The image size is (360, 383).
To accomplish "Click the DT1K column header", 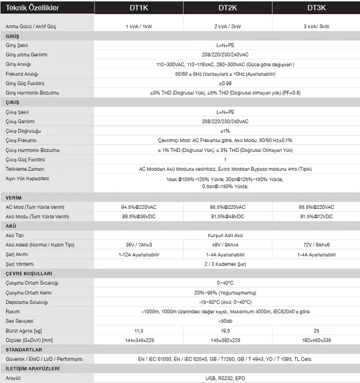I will pyautogui.click(x=138, y=8).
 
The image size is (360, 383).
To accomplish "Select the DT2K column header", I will pyautogui.click(x=228, y=8).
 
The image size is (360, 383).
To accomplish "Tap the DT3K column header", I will pyautogui.click(x=317, y=8).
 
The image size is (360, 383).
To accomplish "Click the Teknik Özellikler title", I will pyautogui.click(x=32, y=8).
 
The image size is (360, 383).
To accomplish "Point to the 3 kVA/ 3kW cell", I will pyautogui.click(x=317, y=26).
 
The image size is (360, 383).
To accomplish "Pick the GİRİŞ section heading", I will pyautogui.click(x=13, y=36).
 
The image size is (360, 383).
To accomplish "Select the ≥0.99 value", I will pyautogui.click(x=225, y=83).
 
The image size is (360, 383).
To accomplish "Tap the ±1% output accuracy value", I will pyautogui.click(x=225, y=131).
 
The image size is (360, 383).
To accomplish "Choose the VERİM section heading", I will pyautogui.click(x=14, y=198).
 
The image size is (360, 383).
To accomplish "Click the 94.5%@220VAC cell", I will pyautogui.click(x=138, y=207).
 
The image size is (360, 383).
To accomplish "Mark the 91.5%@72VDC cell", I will pyautogui.click(x=317, y=216).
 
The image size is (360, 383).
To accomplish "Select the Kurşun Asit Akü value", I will pyautogui.click(x=225, y=235).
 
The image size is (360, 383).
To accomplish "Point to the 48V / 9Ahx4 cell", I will pyautogui.click(x=228, y=245).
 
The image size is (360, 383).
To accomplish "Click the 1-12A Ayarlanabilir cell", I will pyautogui.click(x=138, y=255).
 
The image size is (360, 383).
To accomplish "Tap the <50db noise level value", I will pyautogui.click(x=225, y=321).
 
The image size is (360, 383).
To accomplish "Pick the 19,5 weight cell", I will pyautogui.click(x=228, y=331).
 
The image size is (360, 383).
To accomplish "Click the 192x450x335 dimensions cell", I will pyautogui.click(x=317, y=340).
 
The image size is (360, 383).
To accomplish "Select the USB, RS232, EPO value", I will pyautogui.click(x=225, y=378).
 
